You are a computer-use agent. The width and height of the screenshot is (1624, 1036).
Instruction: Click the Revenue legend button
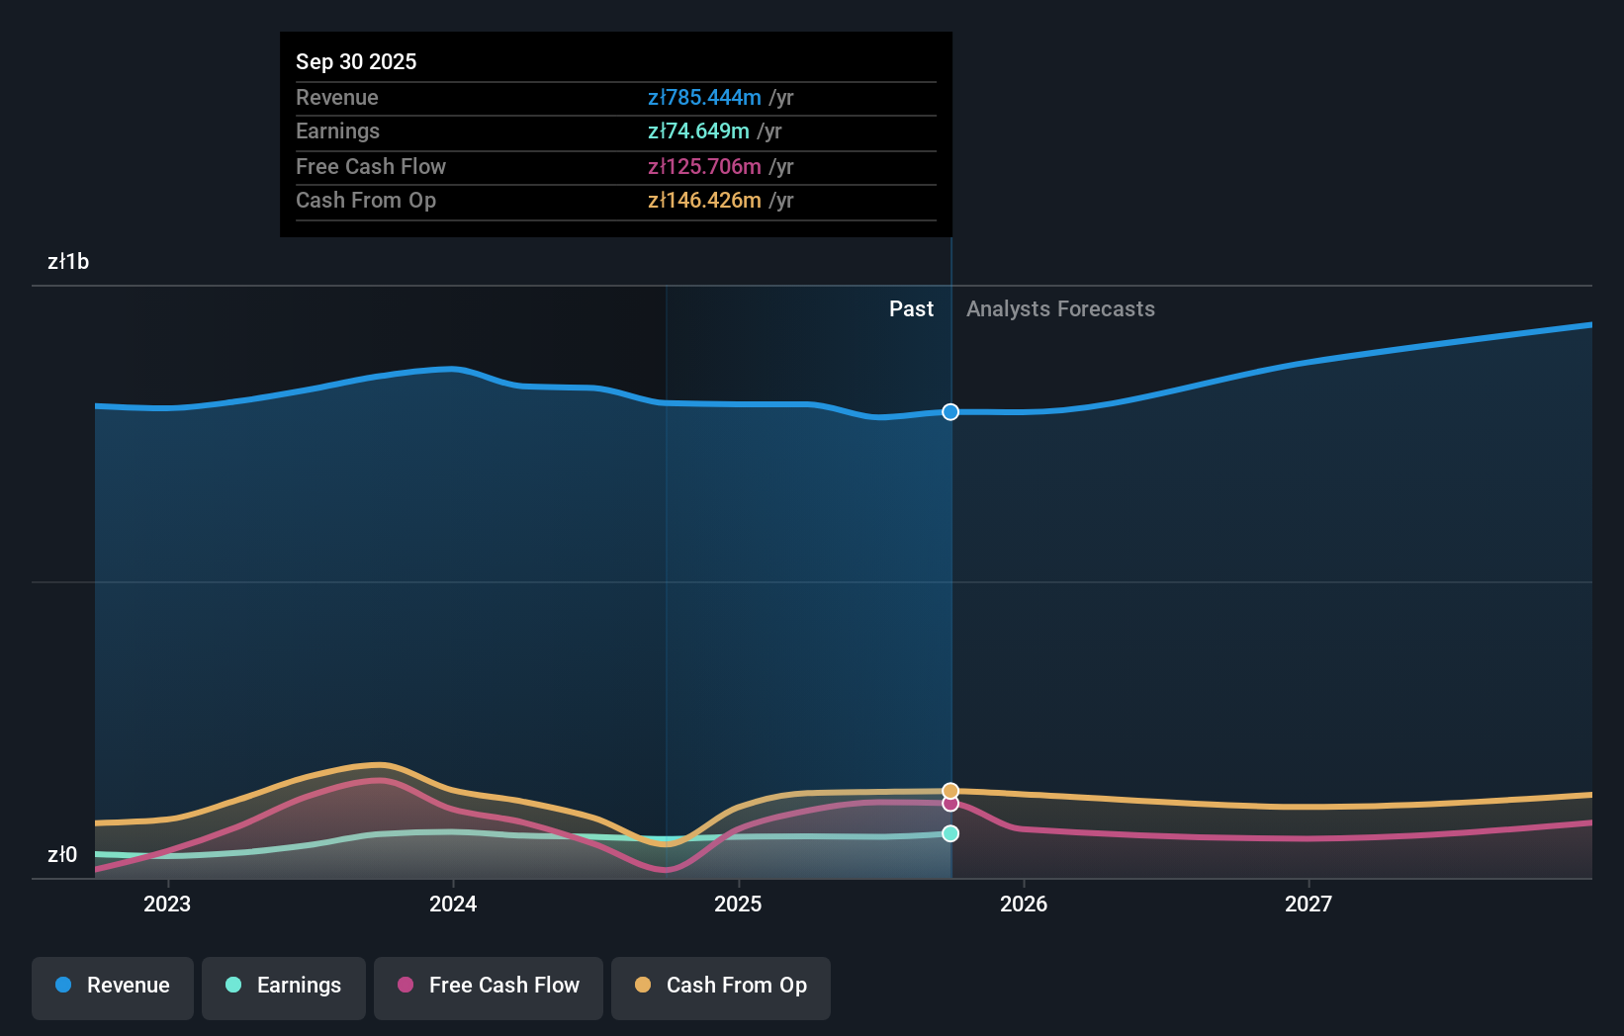(x=113, y=987)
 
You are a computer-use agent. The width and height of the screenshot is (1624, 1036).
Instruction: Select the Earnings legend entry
(x=284, y=987)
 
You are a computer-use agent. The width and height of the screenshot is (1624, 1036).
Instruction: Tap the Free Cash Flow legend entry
(x=489, y=987)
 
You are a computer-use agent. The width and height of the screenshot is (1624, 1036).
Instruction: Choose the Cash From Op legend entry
(x=721, y=987)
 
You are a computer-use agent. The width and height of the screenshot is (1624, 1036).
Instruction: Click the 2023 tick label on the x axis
(x=167, y=905)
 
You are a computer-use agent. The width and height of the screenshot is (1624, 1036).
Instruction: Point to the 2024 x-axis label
(x=453, y=905)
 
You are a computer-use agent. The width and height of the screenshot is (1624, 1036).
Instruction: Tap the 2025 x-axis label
(x=738, y=905)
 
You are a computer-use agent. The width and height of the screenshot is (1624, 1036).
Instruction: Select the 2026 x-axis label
(x=1024, y=905)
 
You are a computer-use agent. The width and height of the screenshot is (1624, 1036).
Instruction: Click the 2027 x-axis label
(x=1308, y=905)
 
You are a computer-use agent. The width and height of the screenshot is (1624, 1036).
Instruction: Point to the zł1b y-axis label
(x=68, y=262)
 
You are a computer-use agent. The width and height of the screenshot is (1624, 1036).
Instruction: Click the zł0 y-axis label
(x=62, y=855)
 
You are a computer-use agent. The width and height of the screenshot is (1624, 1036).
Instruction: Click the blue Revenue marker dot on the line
(x=950, y=412)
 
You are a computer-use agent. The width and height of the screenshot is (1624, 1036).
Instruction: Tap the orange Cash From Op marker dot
(x=950, y=791)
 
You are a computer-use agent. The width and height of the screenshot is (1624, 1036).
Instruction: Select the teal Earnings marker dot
(x=950, y=833)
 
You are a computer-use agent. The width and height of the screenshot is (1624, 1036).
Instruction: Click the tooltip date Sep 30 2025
(x=356, y=62)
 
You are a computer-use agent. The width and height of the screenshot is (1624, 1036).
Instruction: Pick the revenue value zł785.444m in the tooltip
(x=704, y=98)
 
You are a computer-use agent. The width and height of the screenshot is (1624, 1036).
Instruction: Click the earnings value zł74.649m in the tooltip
(x=698, y=131)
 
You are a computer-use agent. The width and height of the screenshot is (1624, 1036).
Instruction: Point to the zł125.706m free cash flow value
(x=704, y=167)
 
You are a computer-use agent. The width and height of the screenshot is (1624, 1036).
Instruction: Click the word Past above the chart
(x=911, y=309)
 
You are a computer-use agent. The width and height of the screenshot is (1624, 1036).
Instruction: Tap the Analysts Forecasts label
(x=1060, y=309)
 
